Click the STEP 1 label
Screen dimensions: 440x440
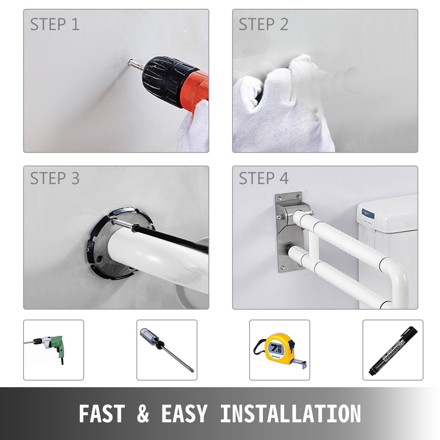click(55, 24)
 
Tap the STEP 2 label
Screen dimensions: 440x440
click(263, 24)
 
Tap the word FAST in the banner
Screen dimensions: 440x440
click(102, 414)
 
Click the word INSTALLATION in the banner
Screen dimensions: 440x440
click(290, 414)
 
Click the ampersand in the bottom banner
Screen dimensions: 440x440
click(143, 414)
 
